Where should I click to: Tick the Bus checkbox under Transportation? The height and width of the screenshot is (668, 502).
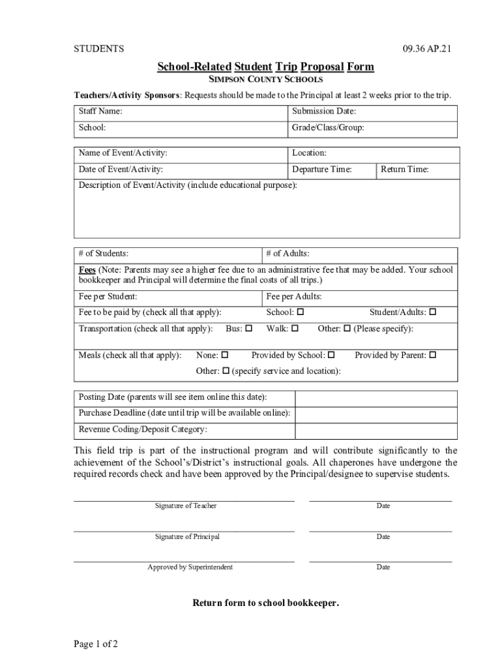[249, 329]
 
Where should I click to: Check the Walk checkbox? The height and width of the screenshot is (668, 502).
[295, 329]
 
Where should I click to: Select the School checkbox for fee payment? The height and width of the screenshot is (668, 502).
[301, 312]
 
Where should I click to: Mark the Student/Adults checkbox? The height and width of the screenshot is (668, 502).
[433, 312]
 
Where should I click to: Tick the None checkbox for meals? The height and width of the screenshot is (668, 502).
[225, 356]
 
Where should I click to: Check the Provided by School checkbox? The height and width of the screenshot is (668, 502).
[331, 356]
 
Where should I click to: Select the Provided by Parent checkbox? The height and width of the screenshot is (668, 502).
[432, 356]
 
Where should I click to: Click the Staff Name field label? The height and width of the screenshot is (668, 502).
[100, 112]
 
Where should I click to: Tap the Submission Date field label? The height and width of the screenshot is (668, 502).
[324, 112]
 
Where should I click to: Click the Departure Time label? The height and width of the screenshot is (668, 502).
[322, 170]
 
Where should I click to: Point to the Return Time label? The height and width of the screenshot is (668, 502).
[405, 170]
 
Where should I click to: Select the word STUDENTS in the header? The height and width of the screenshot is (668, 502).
[98, 49]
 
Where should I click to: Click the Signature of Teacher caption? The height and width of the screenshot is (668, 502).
[186, 506]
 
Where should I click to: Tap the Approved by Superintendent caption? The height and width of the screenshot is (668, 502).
[190, 567]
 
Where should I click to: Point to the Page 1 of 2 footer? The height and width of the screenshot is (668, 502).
[96, 644]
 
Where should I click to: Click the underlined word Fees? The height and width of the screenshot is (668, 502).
[87, 269]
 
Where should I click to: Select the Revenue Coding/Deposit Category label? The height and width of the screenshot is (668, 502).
[143, 429]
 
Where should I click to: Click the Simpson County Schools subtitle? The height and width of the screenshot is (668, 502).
[265, 80]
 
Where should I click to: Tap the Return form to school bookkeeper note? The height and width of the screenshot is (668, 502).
[265, 603]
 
